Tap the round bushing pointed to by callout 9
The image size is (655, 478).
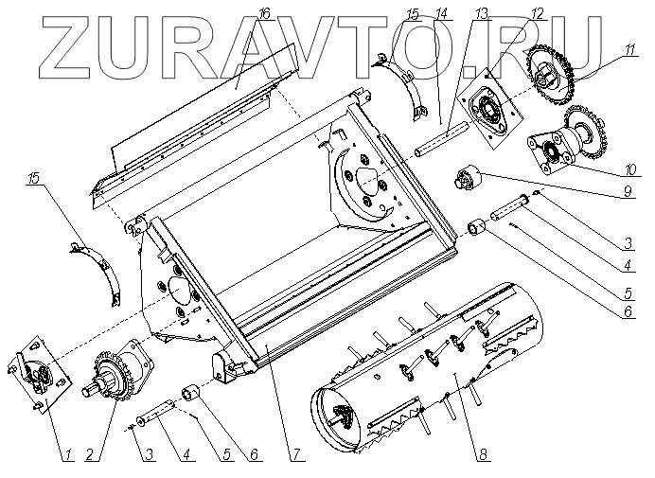469,177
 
